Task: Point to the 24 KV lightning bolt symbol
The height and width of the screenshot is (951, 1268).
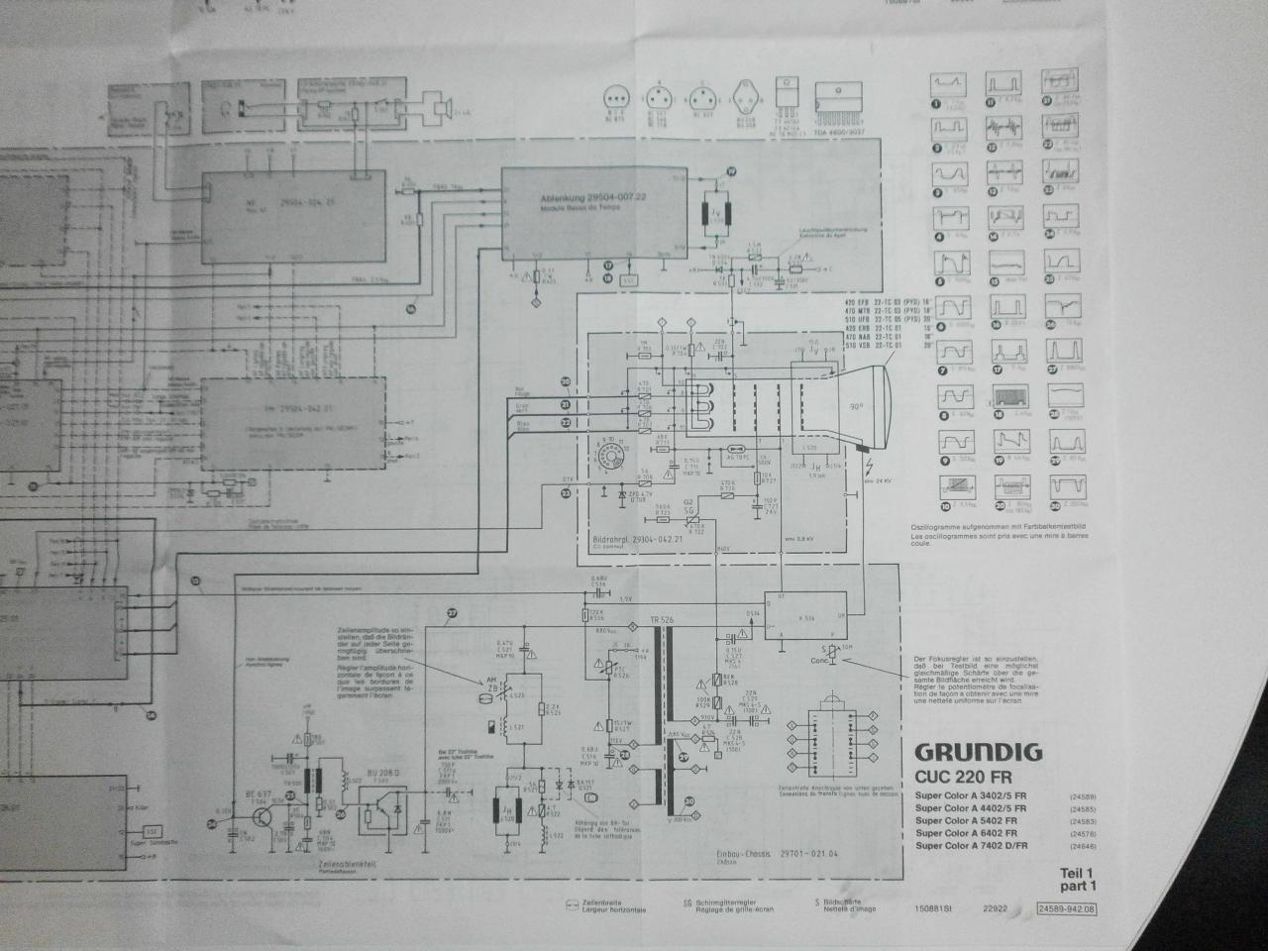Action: [x=870, y=468]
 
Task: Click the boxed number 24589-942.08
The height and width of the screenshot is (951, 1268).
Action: [x=1065, y=908]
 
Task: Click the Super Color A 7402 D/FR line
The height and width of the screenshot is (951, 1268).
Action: [x=971, y=846]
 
